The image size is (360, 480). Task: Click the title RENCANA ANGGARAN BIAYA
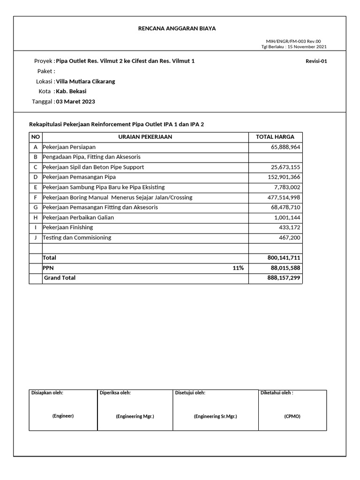[177, 29]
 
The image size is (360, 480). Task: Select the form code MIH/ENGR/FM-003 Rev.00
[293, 41]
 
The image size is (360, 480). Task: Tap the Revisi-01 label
[316, 61]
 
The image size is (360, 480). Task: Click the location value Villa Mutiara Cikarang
[85, 81]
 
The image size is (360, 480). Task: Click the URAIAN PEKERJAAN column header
[145, 137]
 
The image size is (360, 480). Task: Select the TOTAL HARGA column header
[275, 137]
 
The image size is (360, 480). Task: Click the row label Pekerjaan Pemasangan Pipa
[79, 177]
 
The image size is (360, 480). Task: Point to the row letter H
[36, 217]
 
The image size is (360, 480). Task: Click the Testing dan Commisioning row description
[77, 238]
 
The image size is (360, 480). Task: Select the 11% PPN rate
[238, 268]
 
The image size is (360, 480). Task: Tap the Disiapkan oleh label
[47, 393]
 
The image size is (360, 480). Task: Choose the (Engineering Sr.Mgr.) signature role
[215, 416]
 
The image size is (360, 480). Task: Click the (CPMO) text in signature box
[292, 416]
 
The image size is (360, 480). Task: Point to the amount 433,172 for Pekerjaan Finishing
[290, 227]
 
